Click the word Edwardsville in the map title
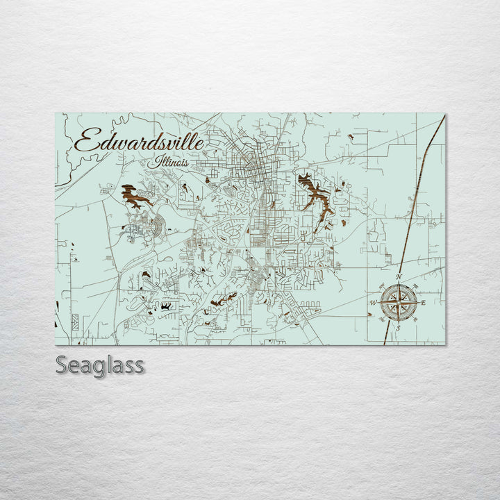click(139, 142)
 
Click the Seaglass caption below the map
click(100, 365)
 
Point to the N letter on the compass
click(399, 277)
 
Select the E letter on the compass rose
click(423, 303)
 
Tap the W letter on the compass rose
click(374, 303)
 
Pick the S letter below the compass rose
click(399, 328)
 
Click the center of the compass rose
click(399, 303)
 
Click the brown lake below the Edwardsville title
click(136, 197)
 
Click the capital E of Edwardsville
click(85, 142)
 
